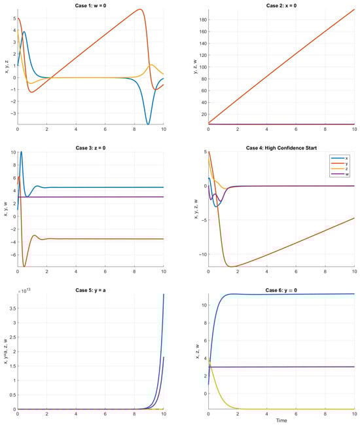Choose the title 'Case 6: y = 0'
(281, 287)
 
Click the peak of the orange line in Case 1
(140, 9)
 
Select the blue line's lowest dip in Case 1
(149, 124)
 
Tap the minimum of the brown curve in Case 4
(230, 266)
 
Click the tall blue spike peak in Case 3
(21, 152)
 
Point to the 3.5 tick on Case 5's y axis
(12, 306)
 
